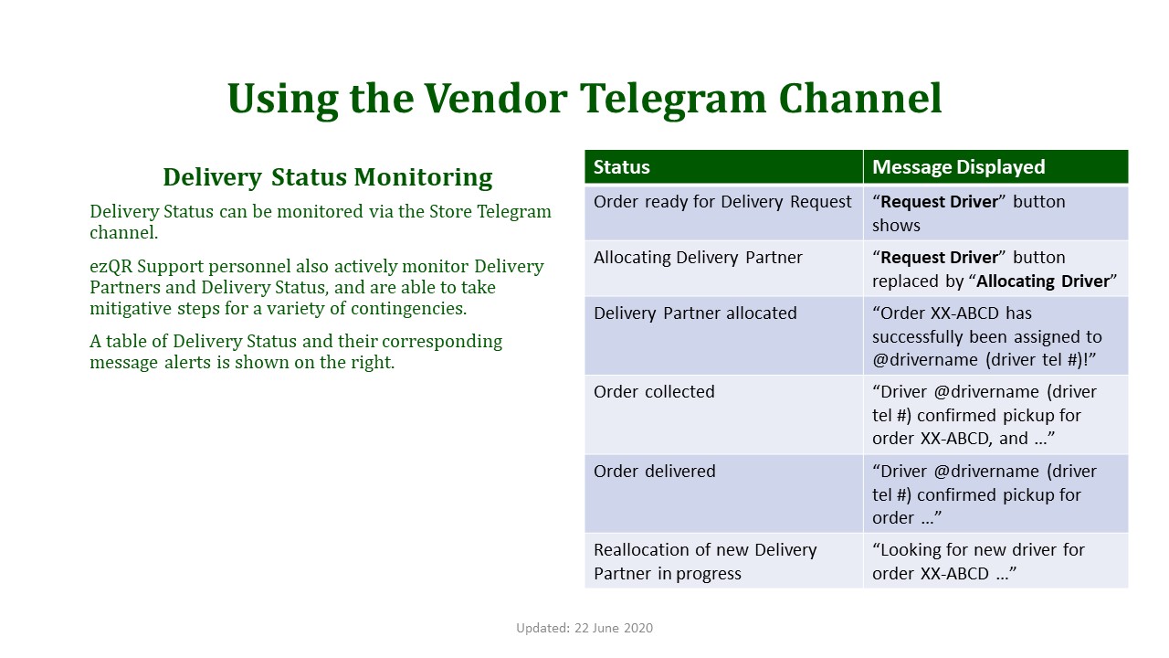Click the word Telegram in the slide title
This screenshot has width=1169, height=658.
(673, 100)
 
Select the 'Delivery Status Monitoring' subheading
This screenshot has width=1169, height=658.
(328, 177)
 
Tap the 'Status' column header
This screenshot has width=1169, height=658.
(622, 167)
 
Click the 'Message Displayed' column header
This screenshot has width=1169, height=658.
(959, 167)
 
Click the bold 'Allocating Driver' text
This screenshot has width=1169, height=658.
(1043, 281)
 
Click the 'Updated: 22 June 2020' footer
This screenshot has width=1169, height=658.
(584, 628)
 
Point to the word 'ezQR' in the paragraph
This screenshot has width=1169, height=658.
(111, 267)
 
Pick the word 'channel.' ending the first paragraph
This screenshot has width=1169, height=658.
(123, 233)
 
